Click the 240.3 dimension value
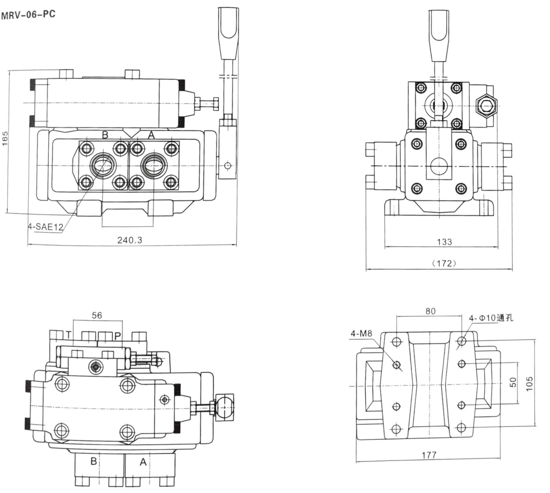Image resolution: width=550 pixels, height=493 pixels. (129, 240)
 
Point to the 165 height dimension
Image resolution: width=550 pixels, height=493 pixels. (5, 138)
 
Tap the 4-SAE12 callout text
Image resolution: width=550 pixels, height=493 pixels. (46, 227)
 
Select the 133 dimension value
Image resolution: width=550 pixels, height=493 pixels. (444, 242)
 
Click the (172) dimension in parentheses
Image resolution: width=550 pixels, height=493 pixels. (444, 263)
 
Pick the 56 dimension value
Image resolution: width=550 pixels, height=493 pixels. (97, 315)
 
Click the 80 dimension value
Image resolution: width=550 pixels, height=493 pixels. (430, 311)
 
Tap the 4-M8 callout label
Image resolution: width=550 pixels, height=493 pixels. (361, 333)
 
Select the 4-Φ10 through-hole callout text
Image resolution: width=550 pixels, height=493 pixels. (491, 318)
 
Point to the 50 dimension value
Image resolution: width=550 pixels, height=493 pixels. (513, 382)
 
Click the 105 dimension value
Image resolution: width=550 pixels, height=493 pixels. (529, 384)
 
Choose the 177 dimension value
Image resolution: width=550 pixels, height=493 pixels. (429, 455)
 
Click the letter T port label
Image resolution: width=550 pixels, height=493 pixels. (68, 335)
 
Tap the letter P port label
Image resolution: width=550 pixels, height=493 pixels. (117, 336)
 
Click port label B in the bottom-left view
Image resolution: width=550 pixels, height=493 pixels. (93, 461)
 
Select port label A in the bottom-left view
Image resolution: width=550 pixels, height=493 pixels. (143, 462)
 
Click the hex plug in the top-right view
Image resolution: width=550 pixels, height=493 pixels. (486, 106)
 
